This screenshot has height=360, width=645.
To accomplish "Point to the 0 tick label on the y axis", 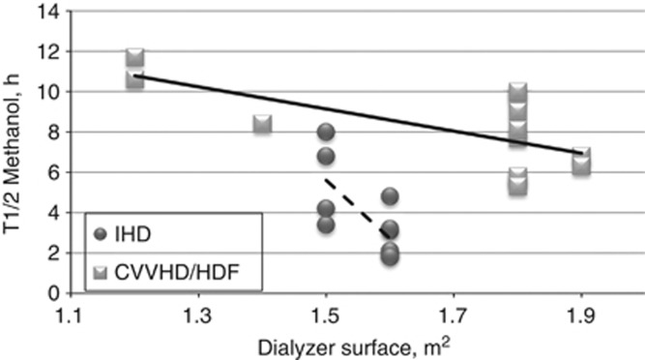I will [50, 293].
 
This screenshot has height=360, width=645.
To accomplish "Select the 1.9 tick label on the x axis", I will [581, 316].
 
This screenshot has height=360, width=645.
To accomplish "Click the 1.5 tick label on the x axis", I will [326, 316].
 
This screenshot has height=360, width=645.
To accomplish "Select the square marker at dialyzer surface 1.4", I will [262, 124].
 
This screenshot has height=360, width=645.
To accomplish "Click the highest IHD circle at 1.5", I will [326, 133].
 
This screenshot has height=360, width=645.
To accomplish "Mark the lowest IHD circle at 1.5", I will [326, 225].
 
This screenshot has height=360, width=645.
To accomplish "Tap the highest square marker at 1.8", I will [517, 93].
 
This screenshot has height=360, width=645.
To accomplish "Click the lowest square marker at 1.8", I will [517, 185].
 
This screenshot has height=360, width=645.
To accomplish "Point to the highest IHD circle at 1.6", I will [390, 196].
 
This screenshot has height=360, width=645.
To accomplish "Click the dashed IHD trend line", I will [357, 203].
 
